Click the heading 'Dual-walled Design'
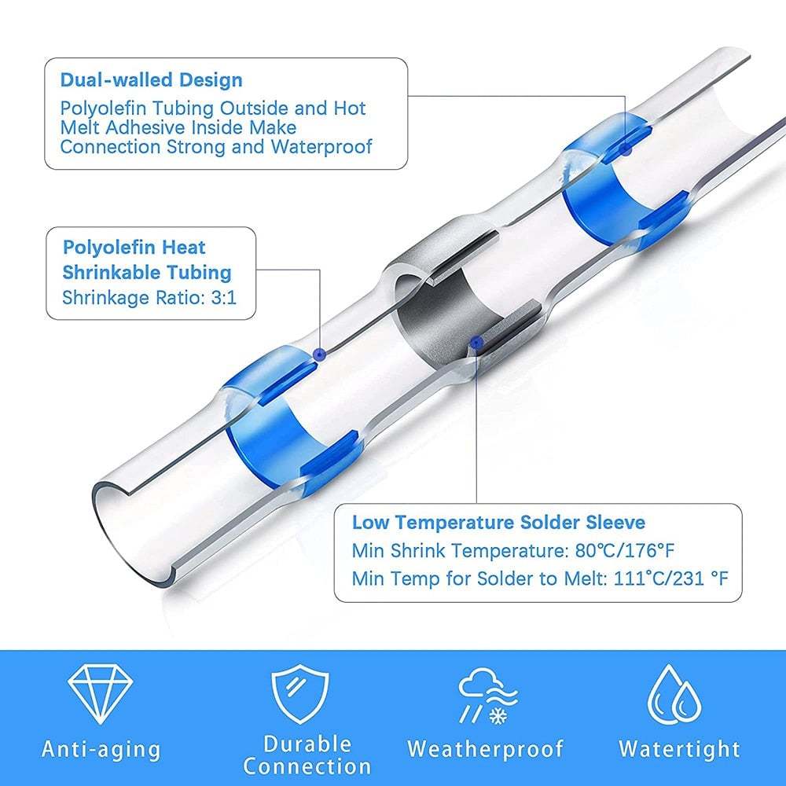click(152, 80)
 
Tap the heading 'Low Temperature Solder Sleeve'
click(498, 523)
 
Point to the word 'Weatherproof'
click(486, 748)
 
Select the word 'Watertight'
click(679, 748)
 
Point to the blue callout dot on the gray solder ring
click(474, 340)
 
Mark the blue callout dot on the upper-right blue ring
click(626, 148)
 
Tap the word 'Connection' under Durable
click(307, 766)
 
